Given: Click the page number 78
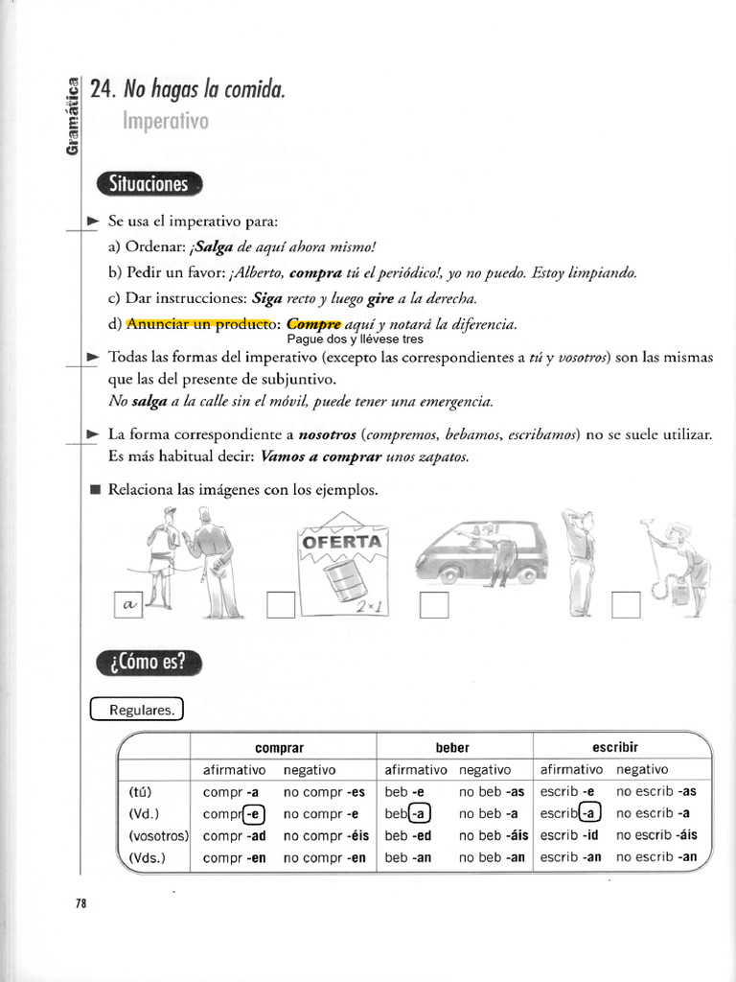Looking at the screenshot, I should coord(81,902).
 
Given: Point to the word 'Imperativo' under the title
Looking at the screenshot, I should coord(165,122).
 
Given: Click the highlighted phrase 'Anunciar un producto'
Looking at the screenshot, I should coord(198,324).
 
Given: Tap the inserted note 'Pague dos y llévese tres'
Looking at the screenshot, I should coord(355,339).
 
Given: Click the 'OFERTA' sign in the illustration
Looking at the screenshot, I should coord(342,541).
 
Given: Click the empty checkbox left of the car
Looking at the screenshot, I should coord(434,606).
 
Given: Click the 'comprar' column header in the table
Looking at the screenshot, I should coord(280,747).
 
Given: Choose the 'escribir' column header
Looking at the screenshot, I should coord(615,746).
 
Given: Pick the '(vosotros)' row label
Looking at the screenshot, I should coord(158,835).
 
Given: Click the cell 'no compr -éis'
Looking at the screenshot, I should coord(326,835).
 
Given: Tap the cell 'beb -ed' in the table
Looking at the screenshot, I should coord(407,835).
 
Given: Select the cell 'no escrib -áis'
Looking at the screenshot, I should coord(656,835).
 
